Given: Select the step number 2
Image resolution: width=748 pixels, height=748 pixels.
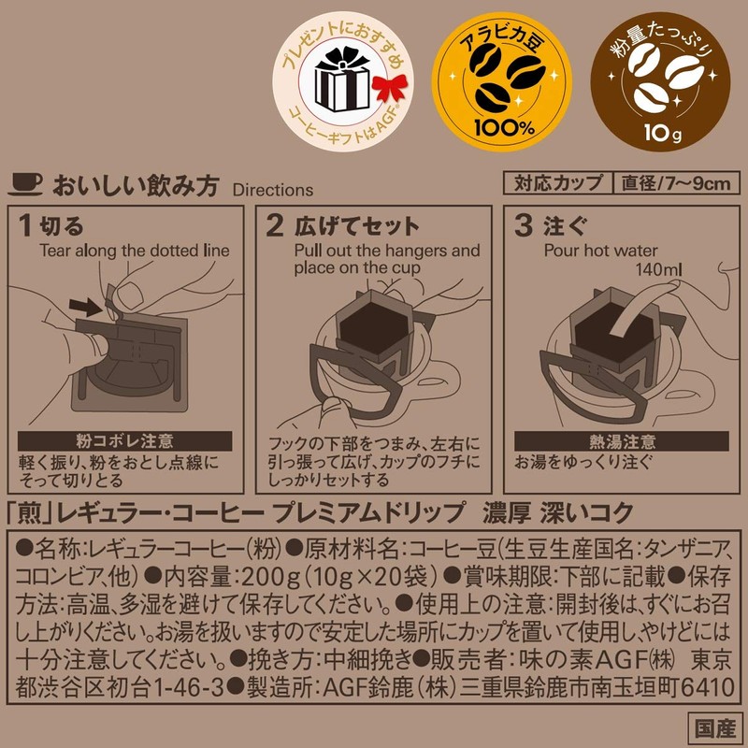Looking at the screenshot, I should click(274, 226).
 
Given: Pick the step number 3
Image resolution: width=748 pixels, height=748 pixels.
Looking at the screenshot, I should click(525, 226).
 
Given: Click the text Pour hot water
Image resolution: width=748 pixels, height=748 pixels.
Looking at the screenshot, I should click(601, 251).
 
